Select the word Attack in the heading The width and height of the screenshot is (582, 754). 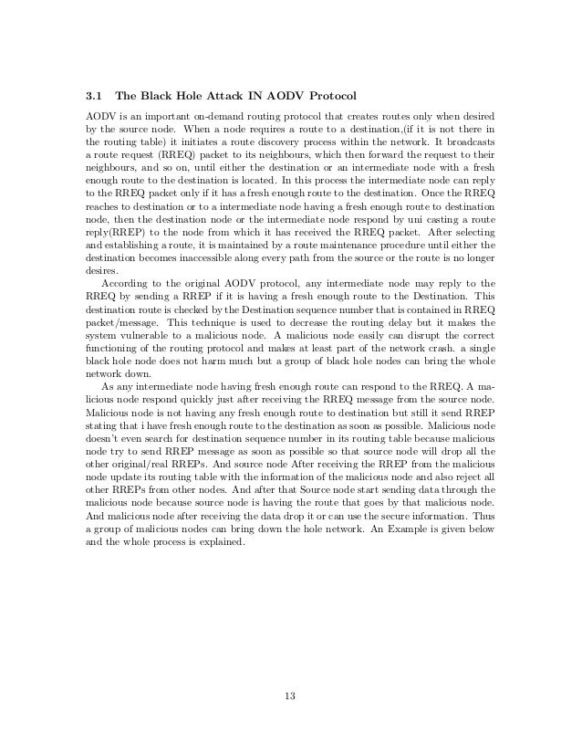(x=224, y=96)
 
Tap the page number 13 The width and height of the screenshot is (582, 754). (x=290, y=698)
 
